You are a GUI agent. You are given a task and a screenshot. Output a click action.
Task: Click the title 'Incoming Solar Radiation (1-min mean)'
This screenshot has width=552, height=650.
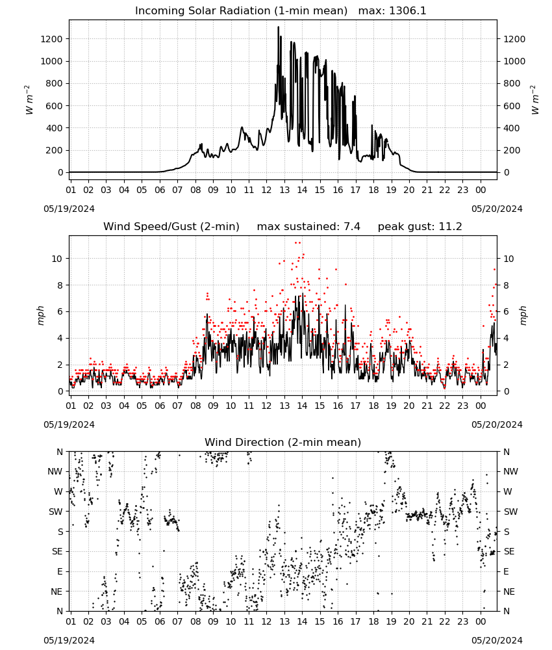[241, 11]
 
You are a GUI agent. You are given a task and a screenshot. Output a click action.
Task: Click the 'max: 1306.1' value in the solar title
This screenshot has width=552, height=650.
[392, 11]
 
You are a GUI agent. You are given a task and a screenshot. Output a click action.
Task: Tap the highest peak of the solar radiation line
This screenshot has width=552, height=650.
[279, 27]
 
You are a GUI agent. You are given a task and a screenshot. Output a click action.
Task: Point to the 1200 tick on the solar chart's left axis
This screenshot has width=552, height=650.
[51, 39]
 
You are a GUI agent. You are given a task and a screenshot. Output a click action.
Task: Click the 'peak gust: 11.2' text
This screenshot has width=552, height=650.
[420, 227]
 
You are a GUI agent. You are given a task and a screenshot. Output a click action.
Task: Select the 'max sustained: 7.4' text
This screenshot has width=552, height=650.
[308, 227]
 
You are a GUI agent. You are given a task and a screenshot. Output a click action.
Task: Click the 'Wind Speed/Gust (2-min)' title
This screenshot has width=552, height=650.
[171, 227]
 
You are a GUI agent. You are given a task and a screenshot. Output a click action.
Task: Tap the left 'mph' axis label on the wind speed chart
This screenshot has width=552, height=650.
[40, 315]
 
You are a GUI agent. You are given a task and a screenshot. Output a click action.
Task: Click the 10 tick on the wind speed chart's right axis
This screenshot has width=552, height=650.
[508, 259]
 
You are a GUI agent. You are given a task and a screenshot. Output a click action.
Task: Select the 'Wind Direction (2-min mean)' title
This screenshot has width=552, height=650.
[283, 442]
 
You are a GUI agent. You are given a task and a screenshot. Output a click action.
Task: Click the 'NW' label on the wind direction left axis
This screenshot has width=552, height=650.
[55, 471]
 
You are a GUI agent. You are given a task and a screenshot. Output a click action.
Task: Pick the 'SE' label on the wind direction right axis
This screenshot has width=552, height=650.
[509, 551]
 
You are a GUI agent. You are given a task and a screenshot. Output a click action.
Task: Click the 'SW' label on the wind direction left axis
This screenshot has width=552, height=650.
[55, 512]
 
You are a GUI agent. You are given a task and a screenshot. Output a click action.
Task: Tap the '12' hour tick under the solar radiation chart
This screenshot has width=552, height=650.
[266, 190]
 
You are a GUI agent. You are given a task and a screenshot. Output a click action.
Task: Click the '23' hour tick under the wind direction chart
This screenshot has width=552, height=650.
[462, 621]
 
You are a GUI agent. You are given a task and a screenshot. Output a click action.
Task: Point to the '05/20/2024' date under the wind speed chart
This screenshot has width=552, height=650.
[497, 424]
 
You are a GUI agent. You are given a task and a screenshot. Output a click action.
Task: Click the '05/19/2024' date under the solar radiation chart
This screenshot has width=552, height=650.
[69, 209]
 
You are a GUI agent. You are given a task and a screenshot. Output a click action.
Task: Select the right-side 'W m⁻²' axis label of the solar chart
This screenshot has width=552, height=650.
[534, 100]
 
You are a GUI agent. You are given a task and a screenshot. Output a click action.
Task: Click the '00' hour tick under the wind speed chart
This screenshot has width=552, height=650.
[481, 406]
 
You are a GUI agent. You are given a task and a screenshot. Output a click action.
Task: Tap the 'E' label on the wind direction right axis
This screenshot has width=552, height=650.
[506, 571]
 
